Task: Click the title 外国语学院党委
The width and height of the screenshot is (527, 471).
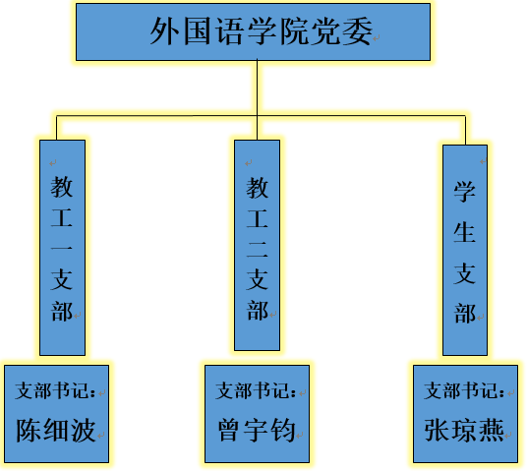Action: coord(262,31)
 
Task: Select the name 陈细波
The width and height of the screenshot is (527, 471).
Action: coord(56,430)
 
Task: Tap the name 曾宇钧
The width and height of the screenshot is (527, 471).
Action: coord(257,430)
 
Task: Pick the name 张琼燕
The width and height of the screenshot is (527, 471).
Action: coord(464,430)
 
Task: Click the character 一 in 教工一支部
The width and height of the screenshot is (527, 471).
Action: coord(62,249)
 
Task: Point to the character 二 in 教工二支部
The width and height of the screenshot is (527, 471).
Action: coord(257,250)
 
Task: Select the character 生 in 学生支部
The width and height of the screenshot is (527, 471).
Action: coord(464,232)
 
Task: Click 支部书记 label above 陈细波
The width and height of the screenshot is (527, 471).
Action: coord(55,390)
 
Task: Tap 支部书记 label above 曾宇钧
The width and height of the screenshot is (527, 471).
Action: coord(256,390)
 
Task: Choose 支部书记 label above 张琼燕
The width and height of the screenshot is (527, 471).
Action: coord(464,390)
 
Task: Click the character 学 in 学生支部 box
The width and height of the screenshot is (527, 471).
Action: coord(464,192)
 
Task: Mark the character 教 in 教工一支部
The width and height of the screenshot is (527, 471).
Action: coord(62,187)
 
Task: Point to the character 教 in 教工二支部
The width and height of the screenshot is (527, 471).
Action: coord(257,188)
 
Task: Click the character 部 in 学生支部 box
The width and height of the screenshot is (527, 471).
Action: coord(464,314)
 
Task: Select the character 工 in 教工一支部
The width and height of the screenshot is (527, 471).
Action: coord(62,218)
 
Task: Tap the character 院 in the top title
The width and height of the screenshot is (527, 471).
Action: coord(293,31)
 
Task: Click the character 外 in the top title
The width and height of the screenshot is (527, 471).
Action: coord(163,31)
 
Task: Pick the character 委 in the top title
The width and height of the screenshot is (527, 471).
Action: coord(358,31)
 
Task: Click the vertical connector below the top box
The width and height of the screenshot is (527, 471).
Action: coord(258,100)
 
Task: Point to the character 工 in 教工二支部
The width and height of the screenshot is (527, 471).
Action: coord(257,219)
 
